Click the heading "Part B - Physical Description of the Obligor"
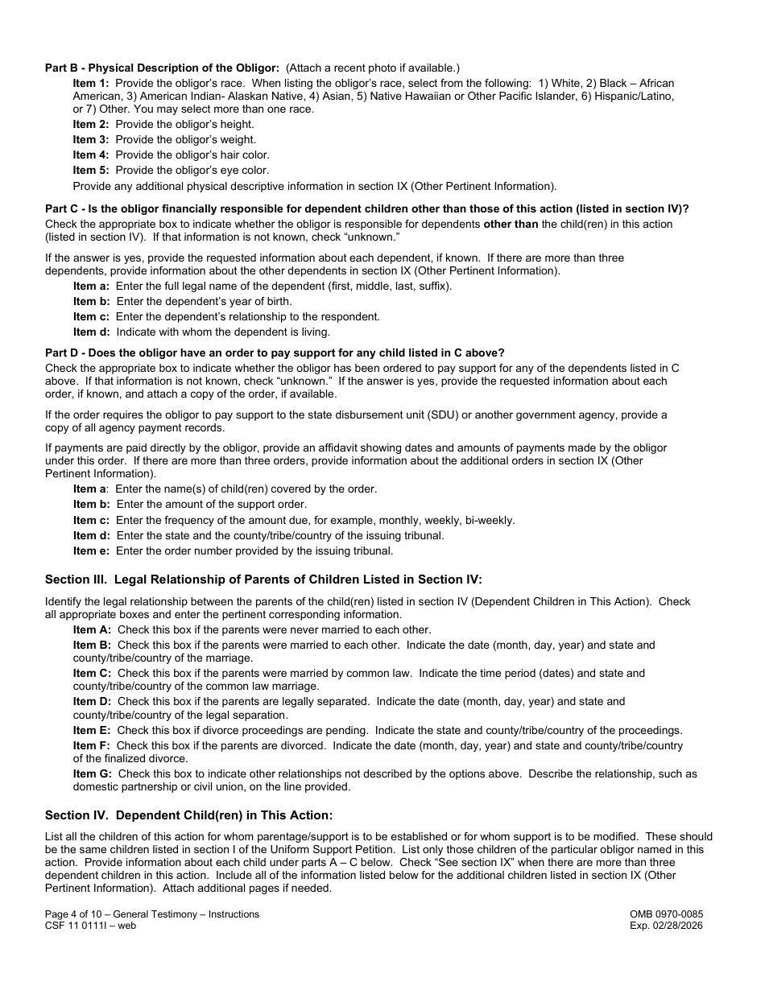point(162,68)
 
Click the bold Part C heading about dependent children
point(366,209)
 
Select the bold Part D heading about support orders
point(275,353)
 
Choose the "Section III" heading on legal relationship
point(263,580)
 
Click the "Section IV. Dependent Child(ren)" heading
point(188,815)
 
